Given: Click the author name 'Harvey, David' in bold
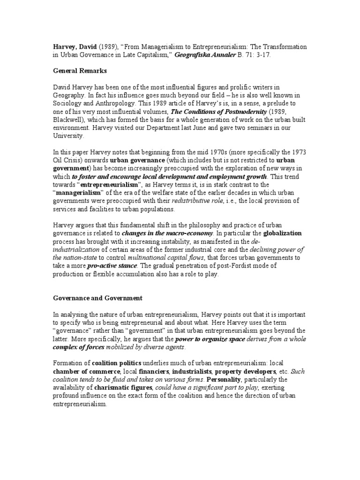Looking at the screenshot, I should coord(74,47).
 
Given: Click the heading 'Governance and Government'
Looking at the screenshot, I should coord(97,298).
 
